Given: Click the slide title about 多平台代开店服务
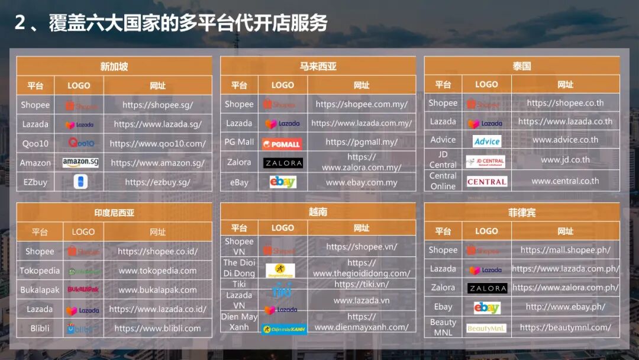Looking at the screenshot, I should tap(171, 24).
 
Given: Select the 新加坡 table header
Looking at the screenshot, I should tap(114, 66).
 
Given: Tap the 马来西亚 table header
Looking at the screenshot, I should tap(318, 66).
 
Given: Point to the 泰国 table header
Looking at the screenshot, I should tap(522, 66).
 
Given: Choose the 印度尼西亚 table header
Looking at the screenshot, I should tap(114, 213).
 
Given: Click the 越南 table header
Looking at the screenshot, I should tap(318, 211).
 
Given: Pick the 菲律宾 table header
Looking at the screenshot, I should tap(522, 213).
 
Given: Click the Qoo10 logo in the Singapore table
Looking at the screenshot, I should tap(81, 143).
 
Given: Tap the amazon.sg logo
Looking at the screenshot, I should tap(80, 162).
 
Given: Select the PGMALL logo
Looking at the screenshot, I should tap(282, 143).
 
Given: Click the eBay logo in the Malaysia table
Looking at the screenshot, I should tap(282, 182).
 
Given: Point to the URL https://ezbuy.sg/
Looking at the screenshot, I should tap(157, 182).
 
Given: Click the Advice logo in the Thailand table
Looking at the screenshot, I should tap(487, 141).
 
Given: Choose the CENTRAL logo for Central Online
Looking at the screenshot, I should tap(487, 182).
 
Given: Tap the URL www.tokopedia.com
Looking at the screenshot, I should tap(157, 271).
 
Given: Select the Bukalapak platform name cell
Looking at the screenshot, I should tap(40, 290).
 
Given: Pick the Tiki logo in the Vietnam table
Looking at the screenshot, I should tap(282, 290).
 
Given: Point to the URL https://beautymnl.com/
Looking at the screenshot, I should tap(565, 327).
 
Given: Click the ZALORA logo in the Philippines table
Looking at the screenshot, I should tap(487, 288).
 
